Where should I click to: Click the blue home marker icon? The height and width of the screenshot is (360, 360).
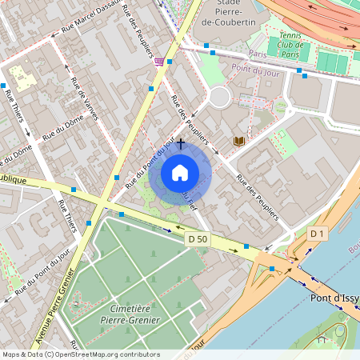180,172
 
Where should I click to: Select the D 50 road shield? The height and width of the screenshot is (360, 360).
198,238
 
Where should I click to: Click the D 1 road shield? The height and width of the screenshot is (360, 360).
318,233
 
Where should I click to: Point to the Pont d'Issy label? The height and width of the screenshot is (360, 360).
334,298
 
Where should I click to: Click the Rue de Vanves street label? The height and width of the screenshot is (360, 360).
85,100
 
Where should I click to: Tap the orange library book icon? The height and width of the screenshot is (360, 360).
238,141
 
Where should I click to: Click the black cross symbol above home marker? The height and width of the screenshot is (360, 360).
181,144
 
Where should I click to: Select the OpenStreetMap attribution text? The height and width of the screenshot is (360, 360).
80,354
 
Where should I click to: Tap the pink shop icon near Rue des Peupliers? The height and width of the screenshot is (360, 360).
160,61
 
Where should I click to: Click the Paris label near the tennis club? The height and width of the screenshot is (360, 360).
257,54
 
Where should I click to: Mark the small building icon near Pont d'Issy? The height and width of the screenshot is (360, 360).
322,339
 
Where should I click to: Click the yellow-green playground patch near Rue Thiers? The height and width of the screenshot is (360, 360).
24,78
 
